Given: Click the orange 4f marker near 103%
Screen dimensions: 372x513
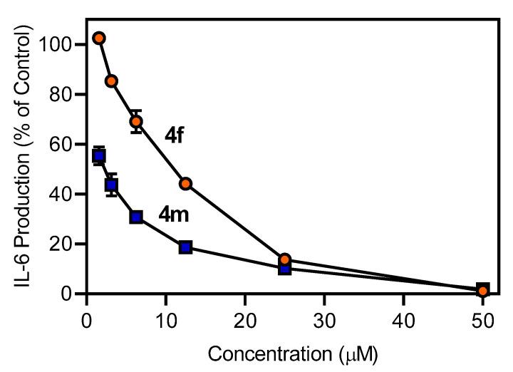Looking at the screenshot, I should pos(99,38).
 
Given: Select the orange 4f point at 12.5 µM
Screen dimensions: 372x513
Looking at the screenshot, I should pos(185,184).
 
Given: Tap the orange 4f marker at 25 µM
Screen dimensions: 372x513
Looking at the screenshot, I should pos(284,259).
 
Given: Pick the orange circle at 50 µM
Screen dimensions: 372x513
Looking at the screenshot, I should pos(483,291).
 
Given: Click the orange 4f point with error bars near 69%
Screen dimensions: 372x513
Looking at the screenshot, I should pos(136,121).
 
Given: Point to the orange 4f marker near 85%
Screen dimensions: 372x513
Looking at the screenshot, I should pos(111,81).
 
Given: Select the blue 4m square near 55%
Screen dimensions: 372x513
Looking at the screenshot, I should pos(99,156).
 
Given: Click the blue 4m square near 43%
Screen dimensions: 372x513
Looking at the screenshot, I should pos(111,185).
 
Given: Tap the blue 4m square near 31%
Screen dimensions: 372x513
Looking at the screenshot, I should pos(136,217).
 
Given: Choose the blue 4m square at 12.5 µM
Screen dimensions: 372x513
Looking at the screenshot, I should pos(185,247).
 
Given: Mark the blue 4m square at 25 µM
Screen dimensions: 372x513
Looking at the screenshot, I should pos(284,269).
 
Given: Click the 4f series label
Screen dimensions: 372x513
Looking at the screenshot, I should pos(175,135).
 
